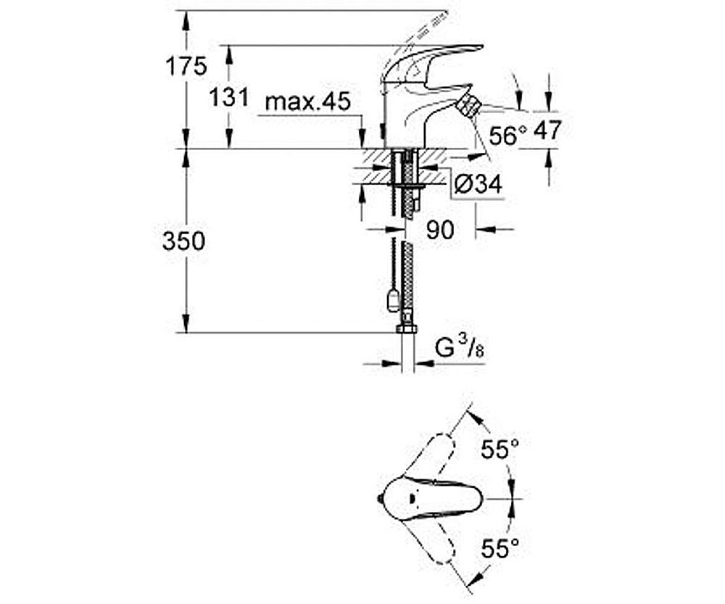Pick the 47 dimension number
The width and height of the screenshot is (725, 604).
(x=547, y=131)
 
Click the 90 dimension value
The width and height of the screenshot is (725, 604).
(x=439, y=230)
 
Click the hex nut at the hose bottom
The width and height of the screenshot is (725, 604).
(x=407, y=328)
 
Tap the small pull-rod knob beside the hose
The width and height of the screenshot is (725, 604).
(x=392, y=298)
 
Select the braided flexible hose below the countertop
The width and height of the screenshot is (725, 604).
(x=408, y=276)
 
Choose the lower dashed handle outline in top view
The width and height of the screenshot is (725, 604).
(x=435, y=544)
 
